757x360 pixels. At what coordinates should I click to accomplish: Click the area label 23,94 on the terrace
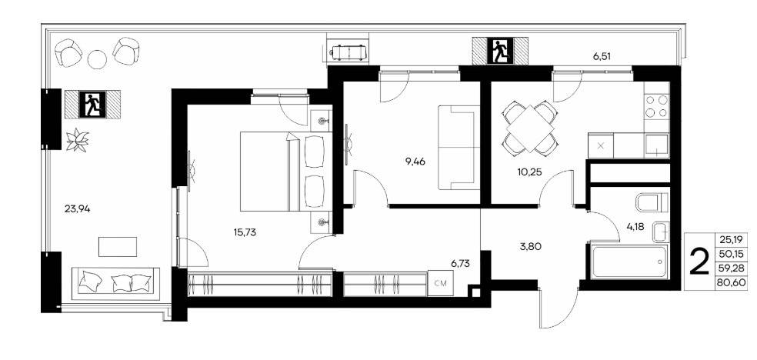coord(77,209)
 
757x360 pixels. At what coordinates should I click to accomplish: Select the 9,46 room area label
coord(415,162)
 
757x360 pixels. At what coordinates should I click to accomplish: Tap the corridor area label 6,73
coord(460,263)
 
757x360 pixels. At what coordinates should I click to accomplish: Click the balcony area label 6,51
coord(602,56)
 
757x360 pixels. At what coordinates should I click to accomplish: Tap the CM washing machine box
coord(440,284)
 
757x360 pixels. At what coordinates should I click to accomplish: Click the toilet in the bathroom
coord(652,202)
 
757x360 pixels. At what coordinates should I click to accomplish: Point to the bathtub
coord(627,262)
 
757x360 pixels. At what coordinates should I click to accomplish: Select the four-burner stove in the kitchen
coord(656,106)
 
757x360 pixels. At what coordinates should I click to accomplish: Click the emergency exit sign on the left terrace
coord(92,105)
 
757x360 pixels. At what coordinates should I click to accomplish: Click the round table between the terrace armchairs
coord(97,59)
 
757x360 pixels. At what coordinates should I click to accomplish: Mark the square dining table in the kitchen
coord(529,128)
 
